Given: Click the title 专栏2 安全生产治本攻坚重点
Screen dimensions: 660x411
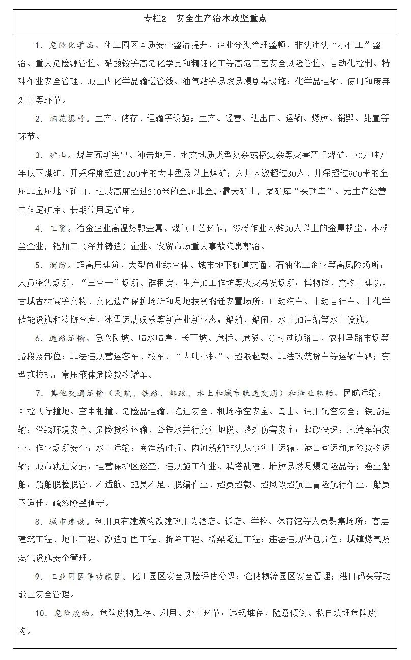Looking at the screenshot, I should coord(205,19).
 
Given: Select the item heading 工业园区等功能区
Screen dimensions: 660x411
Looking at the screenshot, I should coord(86,576).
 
